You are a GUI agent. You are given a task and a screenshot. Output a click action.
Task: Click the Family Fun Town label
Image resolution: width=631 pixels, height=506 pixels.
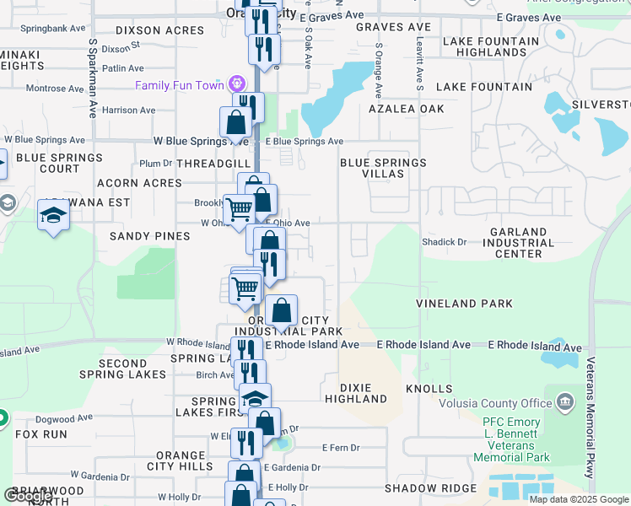[180, 85]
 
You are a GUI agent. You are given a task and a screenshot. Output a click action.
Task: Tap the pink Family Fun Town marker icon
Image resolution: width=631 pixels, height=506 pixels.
[237, 84]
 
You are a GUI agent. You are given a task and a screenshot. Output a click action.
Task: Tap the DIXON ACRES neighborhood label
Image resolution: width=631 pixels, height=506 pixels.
[154, 30]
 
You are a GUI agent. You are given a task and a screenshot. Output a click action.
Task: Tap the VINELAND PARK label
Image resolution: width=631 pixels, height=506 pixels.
[464, 303]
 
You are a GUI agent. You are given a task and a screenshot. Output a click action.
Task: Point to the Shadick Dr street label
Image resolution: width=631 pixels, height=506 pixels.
[445, 242]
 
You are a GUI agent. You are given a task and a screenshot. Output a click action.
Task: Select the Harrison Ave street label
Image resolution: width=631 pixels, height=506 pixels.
[129, 110]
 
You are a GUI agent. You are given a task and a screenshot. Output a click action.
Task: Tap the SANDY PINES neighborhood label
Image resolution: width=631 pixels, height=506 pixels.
[150, 237]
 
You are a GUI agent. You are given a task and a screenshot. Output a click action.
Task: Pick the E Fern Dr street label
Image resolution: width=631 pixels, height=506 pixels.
[341, 447]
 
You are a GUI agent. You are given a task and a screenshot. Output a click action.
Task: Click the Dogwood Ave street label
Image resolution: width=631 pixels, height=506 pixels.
[67, 417]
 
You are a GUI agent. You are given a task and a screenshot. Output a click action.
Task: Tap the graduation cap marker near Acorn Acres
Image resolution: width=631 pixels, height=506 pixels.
[54, 215]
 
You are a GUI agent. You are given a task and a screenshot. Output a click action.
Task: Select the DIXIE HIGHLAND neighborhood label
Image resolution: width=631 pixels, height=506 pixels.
[355, 392]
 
